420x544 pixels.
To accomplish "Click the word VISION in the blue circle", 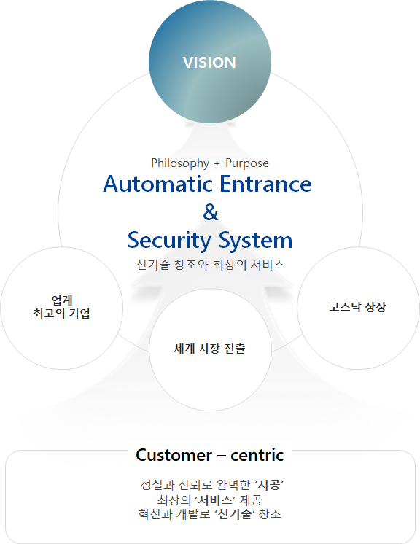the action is [209, 63].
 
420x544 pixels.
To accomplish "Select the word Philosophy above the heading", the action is [180, 163].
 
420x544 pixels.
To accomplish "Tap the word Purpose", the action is [247, 163].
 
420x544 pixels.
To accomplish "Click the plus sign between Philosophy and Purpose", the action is [217, 164].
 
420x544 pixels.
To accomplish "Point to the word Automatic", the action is [158, 184].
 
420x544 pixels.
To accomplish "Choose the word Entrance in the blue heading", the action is [265, 184].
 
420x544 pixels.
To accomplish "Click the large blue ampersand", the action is [211, 212].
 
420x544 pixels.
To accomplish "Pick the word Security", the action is [169, 241].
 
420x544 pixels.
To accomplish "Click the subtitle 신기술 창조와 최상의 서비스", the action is [210, 265].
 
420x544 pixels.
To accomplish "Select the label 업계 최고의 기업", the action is [61, 307].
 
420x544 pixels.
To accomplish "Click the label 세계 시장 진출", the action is [210, 349].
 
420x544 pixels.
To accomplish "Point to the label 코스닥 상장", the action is [357, 307].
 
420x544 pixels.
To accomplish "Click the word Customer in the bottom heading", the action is [174, 455].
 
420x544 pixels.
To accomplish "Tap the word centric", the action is [257, 455].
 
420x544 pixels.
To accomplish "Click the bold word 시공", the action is [269, 485].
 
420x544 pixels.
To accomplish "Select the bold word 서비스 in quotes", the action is [214, 500].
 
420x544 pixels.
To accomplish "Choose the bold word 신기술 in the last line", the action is [235, 514].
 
